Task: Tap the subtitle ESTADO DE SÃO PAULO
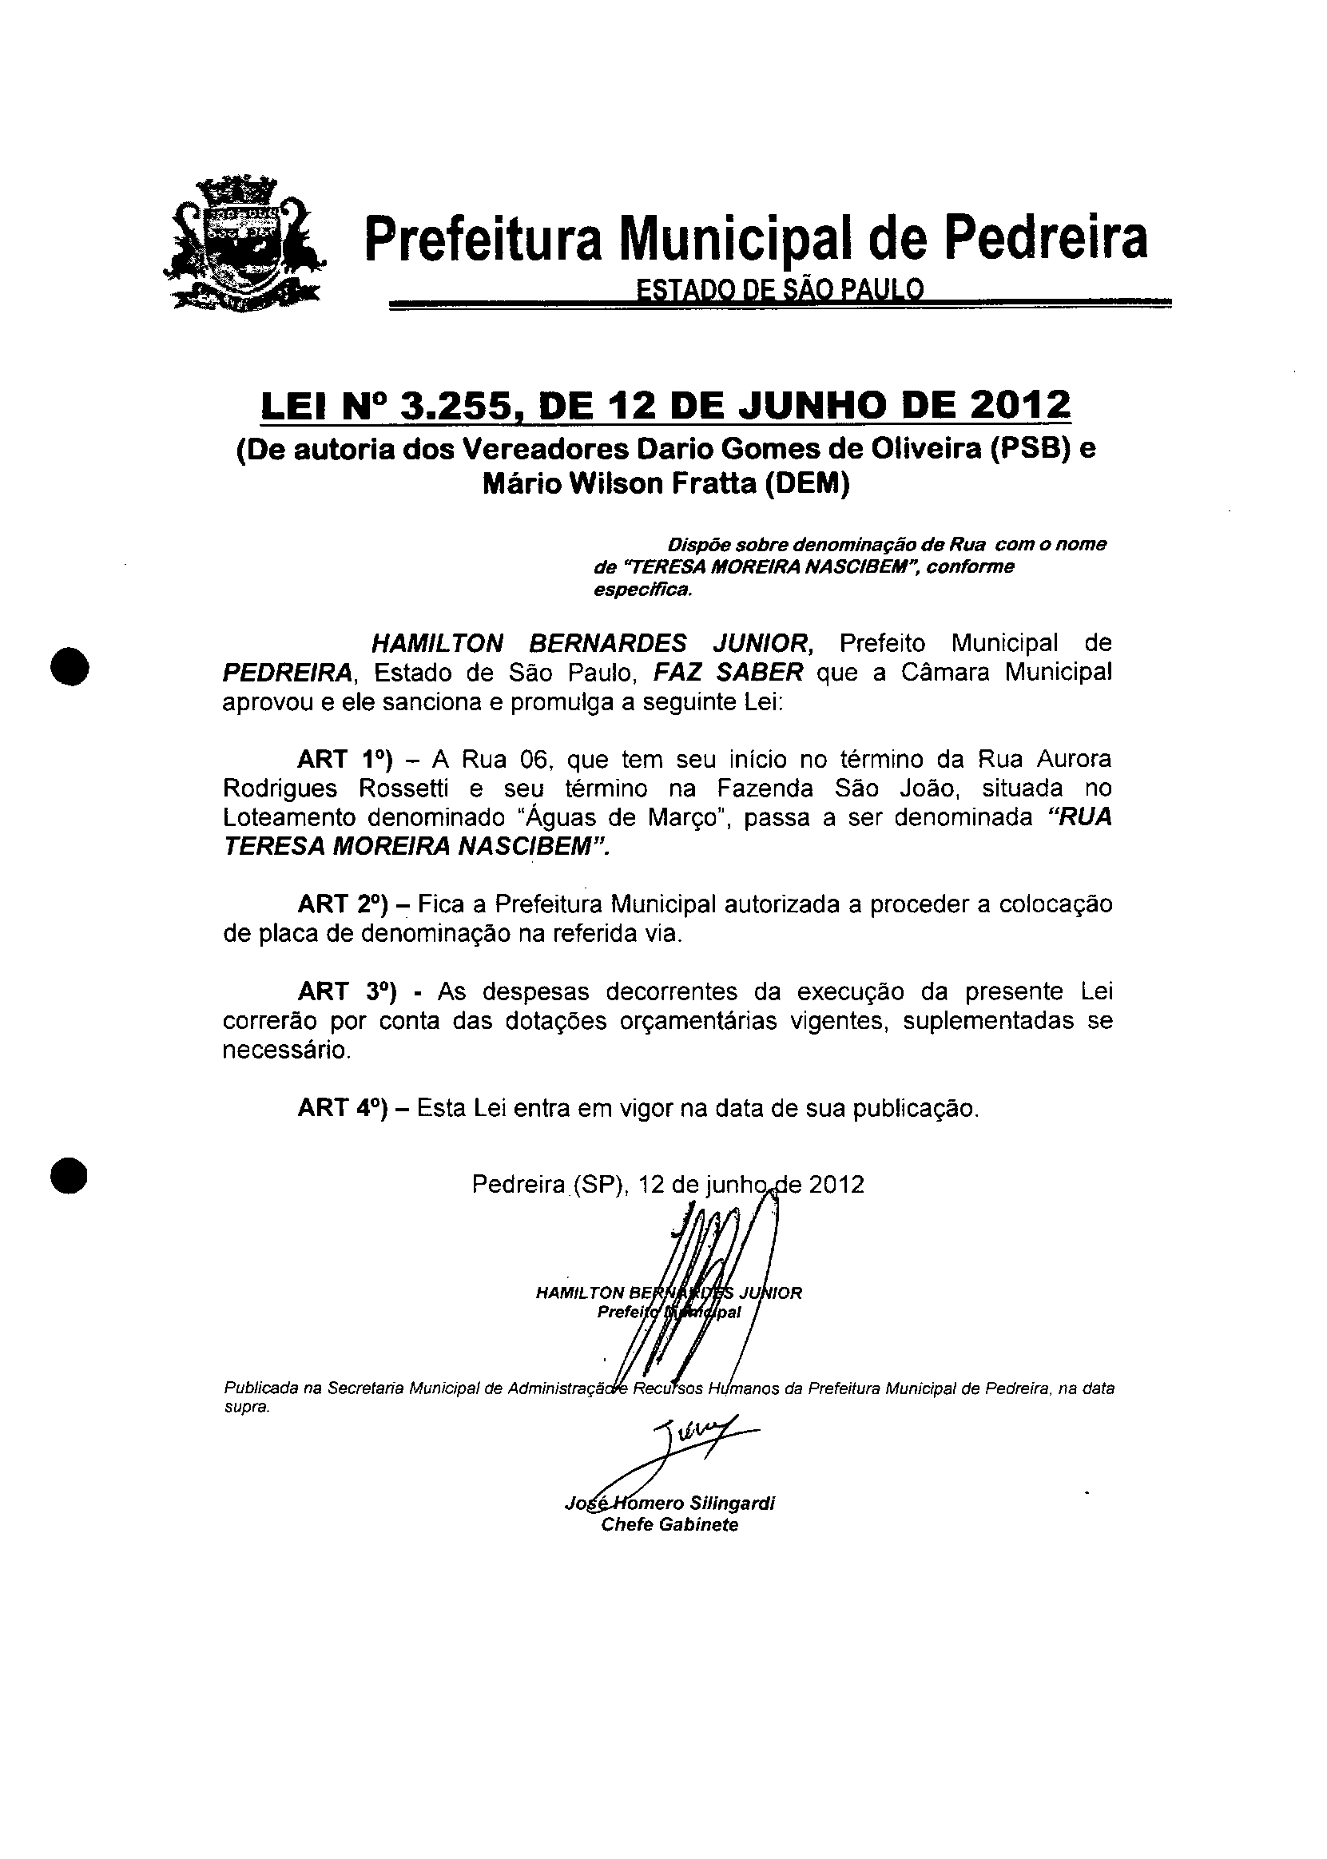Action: click(x=780, y=290)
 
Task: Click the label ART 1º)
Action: click(x=345, y=760)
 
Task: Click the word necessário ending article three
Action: click(x=287, y=1051)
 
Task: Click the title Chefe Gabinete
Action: click(x=669, y=1525)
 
